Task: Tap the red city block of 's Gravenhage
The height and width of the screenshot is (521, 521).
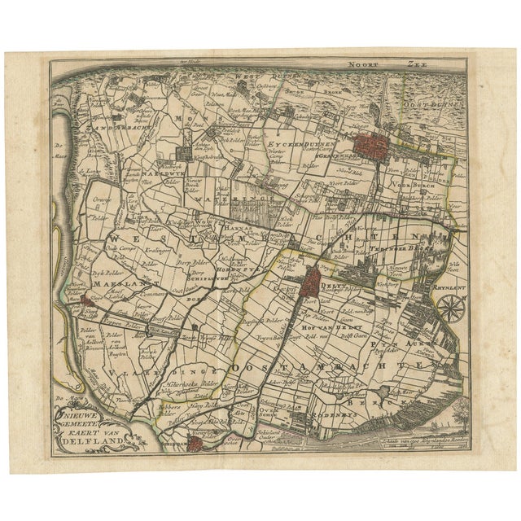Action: (x=370, y=146)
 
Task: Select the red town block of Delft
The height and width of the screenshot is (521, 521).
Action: (x=311, y=284)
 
